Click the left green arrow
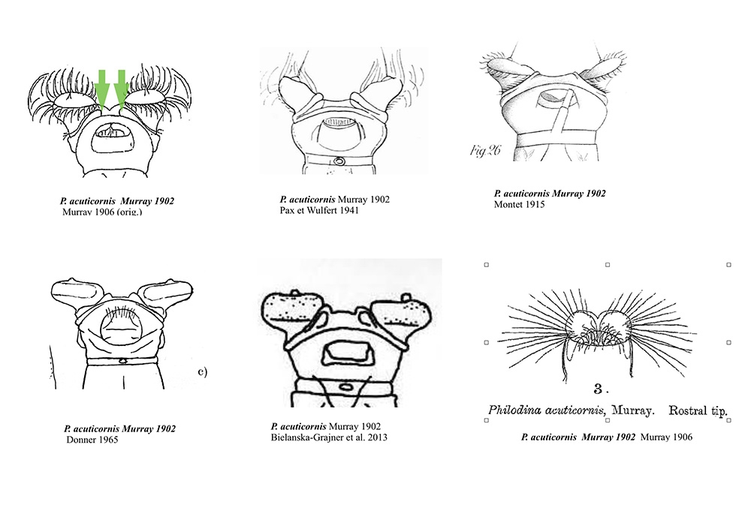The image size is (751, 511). pyautogui.click(x=101, y=89)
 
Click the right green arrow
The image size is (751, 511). pyautogui.click(x=121, y=89)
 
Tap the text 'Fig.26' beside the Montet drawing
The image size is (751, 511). pyautogui.click(x=484, y=151)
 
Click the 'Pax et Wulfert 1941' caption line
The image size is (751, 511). pyautogui.click(x=319, y=210)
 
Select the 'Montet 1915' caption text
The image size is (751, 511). pyautogui.click(x=519, y=204)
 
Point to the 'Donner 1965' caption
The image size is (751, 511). pyautogui.click(x=92, y=439)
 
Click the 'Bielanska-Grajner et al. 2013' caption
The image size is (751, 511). pyautogui.click(x=329, y=437)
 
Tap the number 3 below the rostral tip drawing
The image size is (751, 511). pyautogui.click(x=599, y=389)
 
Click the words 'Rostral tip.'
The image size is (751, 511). pyautogui.click(x=698, y=410)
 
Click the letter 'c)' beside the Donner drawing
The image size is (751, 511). pyautogui.click(x=203, y=371)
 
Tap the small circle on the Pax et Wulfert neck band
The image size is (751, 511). pyautogui.click(x=339, y=161)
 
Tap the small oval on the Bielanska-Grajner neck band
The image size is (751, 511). pyautogui.click(x=345, y=386)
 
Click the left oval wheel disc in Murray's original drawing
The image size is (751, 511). pyautogui.click(x=74, y=100)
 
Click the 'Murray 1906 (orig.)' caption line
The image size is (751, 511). pyautogui.click(x=102, y=212)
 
